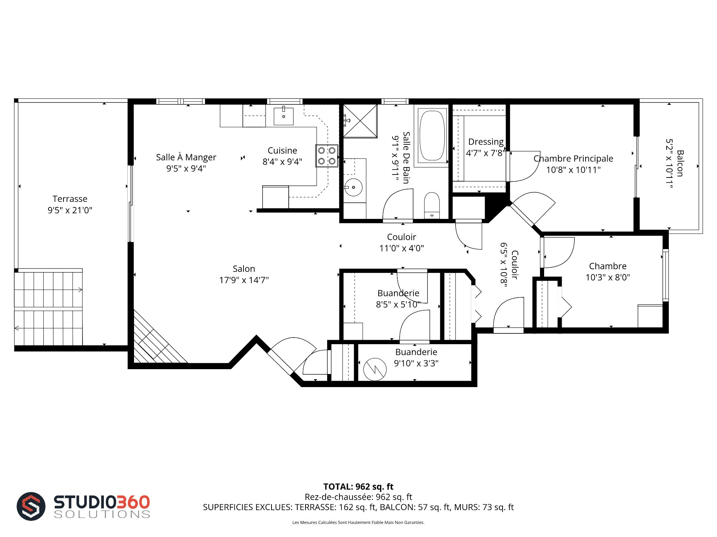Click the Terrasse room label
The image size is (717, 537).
click(70, 199)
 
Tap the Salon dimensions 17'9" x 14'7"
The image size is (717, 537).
click(244, 280)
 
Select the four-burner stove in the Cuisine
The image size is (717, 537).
click(327, 156)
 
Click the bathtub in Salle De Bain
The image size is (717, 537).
click(432, 135)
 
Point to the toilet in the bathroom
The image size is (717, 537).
click(432, 205)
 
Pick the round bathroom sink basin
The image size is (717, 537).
click(353, 188)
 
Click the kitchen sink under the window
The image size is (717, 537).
click(283, 116)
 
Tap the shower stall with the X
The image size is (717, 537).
click(360, 121)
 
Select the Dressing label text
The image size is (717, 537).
click(486, 142)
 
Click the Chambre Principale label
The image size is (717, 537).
click(573, 158)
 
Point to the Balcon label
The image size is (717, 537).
click(680, 163)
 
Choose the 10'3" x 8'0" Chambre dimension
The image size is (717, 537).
click(608, 277)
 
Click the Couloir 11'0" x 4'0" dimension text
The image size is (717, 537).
click(401, 248)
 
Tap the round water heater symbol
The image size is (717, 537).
click(375, 369)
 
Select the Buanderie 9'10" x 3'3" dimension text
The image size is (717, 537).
click(416, 363)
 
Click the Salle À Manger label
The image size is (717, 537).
click(186, 157)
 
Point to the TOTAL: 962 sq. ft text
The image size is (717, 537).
click(358, 487)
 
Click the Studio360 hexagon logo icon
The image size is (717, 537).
click(31, 506)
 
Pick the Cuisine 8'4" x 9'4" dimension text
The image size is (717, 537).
click(282, 162)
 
